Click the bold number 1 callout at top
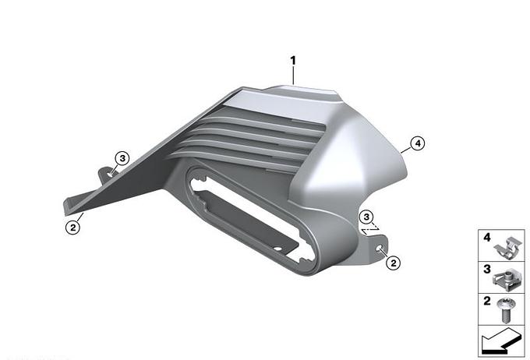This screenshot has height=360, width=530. (293, 61)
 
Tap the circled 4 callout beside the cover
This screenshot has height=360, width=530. (418, 143)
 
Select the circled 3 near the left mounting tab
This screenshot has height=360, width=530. (122, 158)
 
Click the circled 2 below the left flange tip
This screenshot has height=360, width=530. (73, 228)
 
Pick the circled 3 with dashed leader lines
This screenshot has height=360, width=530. (367, 217)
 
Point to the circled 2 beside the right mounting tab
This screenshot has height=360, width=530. (393, 263)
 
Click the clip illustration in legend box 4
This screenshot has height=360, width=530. (507, 248)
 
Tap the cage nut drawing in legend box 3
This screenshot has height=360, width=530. (507, 280)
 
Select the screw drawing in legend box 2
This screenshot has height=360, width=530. (506, 309)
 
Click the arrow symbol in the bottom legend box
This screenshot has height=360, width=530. (500, 341)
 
